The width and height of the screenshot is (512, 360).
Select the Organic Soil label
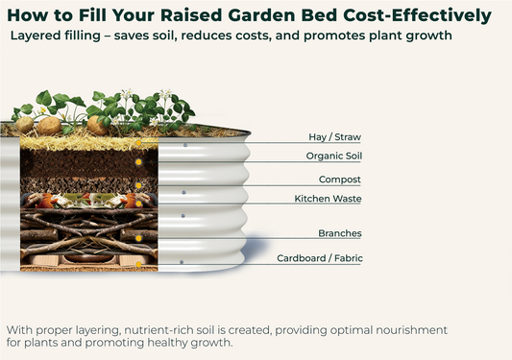coord(333,156)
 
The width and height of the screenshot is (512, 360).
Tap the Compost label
coord(340,179)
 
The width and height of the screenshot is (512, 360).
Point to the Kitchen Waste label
coord(327,198)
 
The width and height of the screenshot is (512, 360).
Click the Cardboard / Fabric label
coord(320,258)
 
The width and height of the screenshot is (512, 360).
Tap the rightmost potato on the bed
coord(98,125)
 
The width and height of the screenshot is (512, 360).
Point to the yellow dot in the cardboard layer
coord(138,261)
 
